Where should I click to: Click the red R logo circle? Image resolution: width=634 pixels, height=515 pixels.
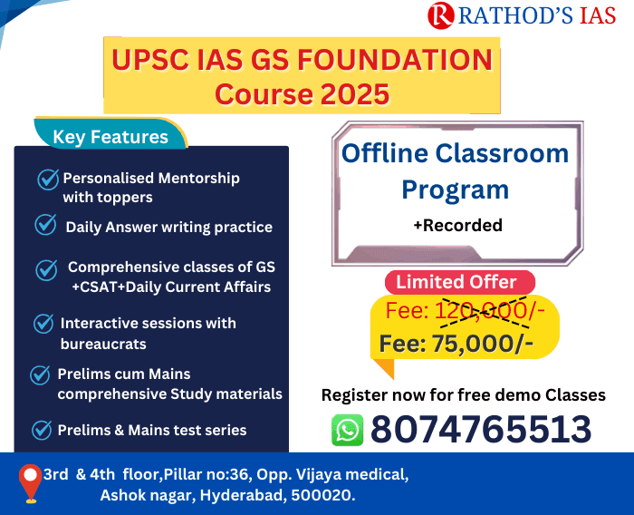441,15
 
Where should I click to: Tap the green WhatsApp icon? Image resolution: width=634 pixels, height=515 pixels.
347,430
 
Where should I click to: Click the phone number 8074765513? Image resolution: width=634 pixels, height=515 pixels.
480,429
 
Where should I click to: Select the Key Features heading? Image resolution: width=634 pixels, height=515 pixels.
110,137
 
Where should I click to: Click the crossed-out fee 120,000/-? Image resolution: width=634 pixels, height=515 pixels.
490,311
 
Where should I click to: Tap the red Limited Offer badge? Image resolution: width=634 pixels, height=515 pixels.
456,281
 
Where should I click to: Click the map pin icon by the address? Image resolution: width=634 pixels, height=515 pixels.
32,483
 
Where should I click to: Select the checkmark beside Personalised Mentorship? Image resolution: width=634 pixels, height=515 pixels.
48,179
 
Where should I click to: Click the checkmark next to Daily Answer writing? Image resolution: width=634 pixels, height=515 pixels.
45,224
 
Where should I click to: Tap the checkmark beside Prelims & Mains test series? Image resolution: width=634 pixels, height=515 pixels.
42,429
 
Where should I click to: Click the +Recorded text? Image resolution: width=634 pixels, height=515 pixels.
456,225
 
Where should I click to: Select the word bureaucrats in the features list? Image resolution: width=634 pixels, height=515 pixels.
102,345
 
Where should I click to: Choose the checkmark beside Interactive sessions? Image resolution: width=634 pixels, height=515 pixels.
43,324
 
